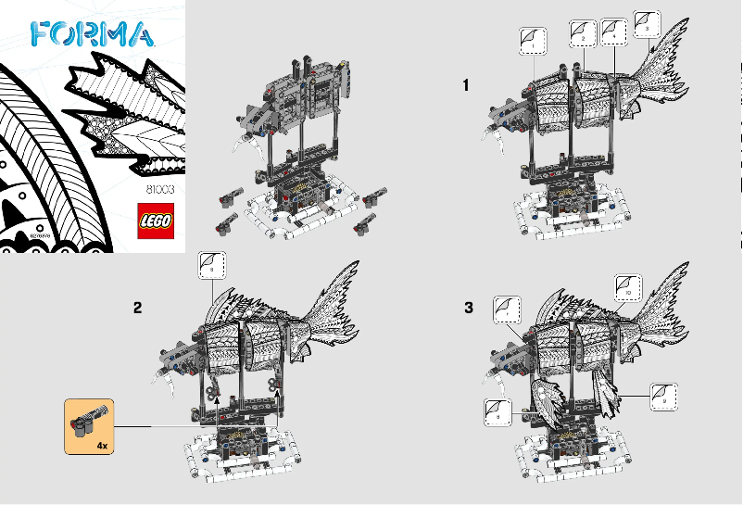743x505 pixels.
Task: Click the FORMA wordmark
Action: point(91,34)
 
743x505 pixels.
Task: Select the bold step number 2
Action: point(137,309)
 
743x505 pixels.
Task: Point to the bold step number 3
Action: point(468,309)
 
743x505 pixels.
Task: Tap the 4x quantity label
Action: point(101,446)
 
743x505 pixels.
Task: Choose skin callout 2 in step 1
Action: point(582,33)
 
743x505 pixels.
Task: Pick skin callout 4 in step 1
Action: point(613,31)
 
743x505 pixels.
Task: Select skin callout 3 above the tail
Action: point(646,23)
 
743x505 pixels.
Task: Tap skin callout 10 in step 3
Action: point(628,286)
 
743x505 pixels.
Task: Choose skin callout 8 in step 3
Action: point(498,411)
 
